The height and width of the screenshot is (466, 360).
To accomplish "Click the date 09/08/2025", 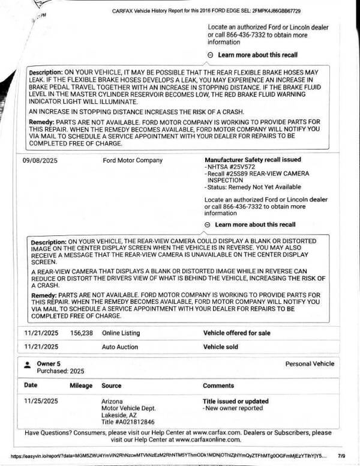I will (41, 160).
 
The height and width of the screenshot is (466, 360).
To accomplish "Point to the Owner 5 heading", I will (49, 364).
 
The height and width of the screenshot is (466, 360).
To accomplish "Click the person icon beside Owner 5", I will (28, 365).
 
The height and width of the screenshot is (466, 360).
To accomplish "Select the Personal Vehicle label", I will (310, 364).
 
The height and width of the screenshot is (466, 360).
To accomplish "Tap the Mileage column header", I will (81, 386).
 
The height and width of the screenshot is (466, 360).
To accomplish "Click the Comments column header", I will (218, 386).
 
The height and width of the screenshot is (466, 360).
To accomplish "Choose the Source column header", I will (112, 386).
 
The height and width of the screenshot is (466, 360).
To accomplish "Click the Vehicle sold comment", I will (220, 346).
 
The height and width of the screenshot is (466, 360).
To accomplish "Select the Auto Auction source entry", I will (119, 346).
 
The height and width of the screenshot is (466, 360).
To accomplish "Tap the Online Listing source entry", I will (121, 333).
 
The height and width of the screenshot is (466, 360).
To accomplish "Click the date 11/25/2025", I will (41, 401).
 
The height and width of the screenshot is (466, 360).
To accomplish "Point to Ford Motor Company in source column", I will (133, 160).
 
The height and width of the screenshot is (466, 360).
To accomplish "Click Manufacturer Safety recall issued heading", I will (253, 160).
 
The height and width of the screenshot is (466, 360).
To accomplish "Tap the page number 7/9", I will (341, 456).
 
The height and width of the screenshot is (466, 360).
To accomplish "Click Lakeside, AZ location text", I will (119, 415).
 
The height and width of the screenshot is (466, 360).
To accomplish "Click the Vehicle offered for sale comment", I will (237, 333).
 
